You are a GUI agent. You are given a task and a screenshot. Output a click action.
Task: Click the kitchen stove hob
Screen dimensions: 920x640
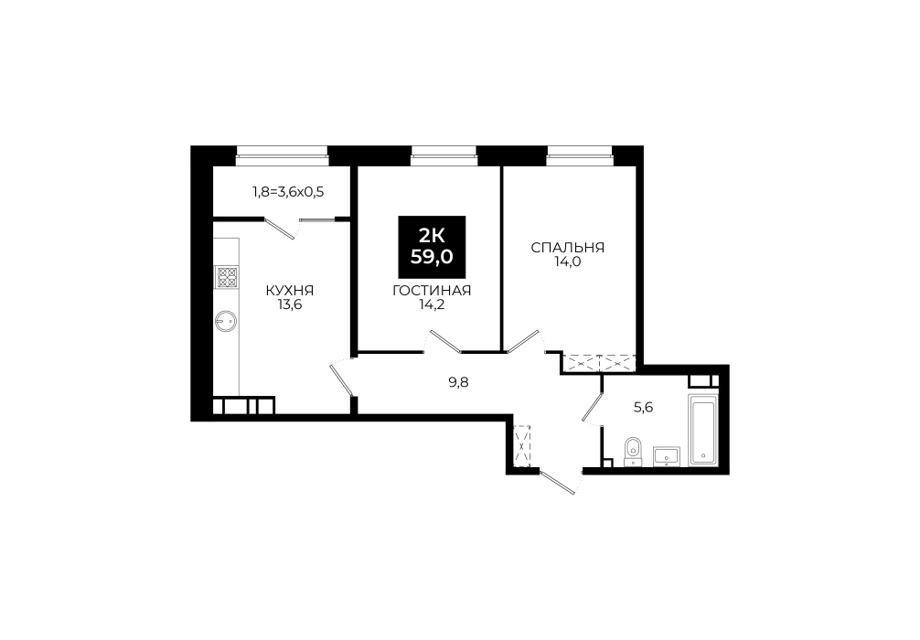[227, 277]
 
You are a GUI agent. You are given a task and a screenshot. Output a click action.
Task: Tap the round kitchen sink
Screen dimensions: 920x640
[226, 320]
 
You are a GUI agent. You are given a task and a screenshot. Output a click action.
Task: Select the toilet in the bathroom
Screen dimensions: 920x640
[632, 451]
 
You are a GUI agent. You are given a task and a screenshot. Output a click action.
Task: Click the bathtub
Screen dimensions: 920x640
[701, 431]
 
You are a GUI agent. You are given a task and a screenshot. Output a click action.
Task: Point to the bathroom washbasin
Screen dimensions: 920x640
[667, 456]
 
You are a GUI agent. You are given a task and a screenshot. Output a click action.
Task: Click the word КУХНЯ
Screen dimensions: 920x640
[290, 291]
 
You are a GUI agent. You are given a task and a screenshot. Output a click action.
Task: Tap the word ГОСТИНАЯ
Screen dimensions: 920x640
[432, 291]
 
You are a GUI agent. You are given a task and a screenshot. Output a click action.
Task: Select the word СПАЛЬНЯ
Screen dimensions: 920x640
[567, 248]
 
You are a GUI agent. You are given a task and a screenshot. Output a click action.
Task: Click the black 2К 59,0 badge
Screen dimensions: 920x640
[432, 247]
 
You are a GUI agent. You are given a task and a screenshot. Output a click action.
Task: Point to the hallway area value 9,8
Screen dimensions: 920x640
[459, 383]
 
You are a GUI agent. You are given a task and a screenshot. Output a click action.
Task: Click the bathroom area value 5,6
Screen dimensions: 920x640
[644, 407]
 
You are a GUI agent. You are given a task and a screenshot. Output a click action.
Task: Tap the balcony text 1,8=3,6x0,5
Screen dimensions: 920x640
[288, 191]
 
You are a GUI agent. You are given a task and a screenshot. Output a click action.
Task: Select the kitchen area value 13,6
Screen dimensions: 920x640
[290, 305]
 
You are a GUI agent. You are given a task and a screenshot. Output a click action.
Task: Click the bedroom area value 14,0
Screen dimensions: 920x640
[567, 262]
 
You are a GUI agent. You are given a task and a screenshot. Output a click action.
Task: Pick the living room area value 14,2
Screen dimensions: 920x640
[432, 305]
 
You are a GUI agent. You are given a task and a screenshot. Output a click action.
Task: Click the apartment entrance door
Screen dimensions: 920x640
[558, 482]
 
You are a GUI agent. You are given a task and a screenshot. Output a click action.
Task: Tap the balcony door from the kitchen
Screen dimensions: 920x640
[281, 229]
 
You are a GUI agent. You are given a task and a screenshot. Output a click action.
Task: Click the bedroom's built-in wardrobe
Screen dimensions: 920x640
[599, 363]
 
